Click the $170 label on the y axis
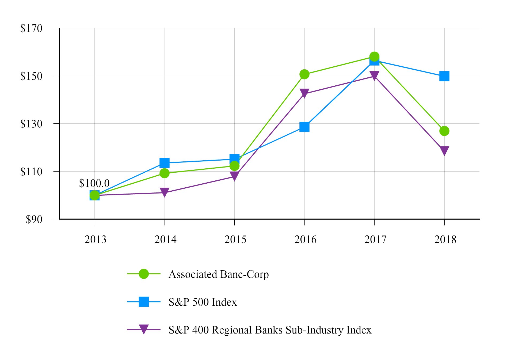click(x=31, y=28)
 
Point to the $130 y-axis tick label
click(x=31, y=124)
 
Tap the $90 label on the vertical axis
click(x=34, y=219)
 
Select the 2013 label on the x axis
click(x=95, y=239)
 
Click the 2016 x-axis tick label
click(x=305, y=239)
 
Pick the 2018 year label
click(x=445, y=239)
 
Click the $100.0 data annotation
click(x=94, y=183)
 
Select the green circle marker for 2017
click(x=374, y=57)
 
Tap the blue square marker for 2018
click(x=444, y=76)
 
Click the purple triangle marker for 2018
click(x=444, y=151)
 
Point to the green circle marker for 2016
click(x=304, y=74)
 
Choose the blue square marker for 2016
click(x=304, y=127)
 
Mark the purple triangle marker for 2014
click(x=164, y=192)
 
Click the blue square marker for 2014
click(x=164, y=162)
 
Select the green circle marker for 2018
click(x=444, y=131)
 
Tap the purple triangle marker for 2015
click(x=234, y=176)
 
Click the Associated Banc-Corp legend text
click(x=218, y=274)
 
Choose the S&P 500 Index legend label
click(x=203, y=302)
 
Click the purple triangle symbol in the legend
click(x=144, y=329)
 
